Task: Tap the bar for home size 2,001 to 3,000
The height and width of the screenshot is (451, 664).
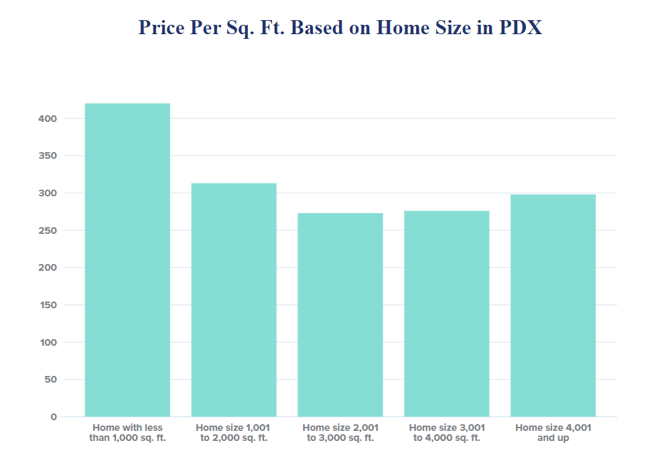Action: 340,314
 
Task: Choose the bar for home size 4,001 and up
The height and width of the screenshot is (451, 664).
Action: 553,306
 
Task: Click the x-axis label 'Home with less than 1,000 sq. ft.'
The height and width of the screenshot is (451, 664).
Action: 127,432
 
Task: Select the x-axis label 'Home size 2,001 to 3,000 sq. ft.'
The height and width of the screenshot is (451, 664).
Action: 340,432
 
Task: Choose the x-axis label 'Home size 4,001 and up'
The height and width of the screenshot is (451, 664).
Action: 553,432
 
